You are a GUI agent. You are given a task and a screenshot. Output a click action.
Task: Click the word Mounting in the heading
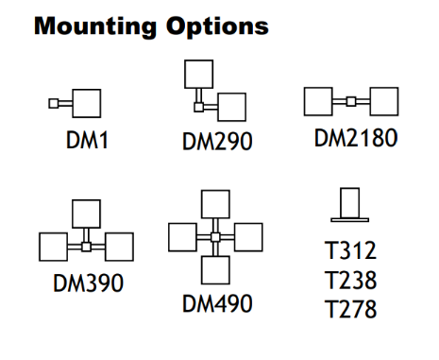click(95, 27)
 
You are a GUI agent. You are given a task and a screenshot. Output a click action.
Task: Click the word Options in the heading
click(217, 27)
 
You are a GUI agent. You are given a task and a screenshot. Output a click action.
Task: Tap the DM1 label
click(87, 140)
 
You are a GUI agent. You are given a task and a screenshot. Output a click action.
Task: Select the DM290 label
click(217, 142)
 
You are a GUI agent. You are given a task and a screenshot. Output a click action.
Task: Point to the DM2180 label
click(356, 138)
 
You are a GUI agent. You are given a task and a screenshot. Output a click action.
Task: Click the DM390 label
click(89, 283)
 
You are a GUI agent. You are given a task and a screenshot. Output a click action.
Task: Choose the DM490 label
click(217, 303)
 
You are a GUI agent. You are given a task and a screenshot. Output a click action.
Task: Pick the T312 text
click(350, 250)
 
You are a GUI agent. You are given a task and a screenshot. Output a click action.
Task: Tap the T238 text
click(350, 280)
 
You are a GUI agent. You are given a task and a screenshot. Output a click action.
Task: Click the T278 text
click(350, 309)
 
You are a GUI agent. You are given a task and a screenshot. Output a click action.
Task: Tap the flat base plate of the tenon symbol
click(350, 220)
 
